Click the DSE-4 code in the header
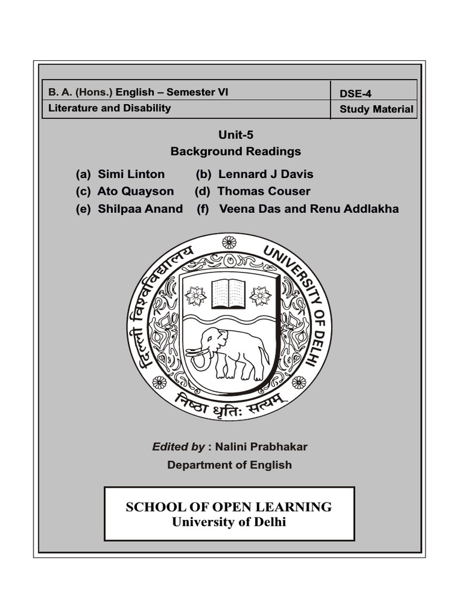355,93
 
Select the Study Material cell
376,109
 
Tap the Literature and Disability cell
109,108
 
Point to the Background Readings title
235,151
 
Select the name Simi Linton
131,174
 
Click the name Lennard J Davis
265,174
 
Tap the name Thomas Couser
264,191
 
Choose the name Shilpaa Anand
140,209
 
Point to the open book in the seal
228,293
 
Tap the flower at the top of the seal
229,242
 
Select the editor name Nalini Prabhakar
257,446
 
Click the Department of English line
229,464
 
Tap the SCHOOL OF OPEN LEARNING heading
229,507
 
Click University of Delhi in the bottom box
229,522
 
